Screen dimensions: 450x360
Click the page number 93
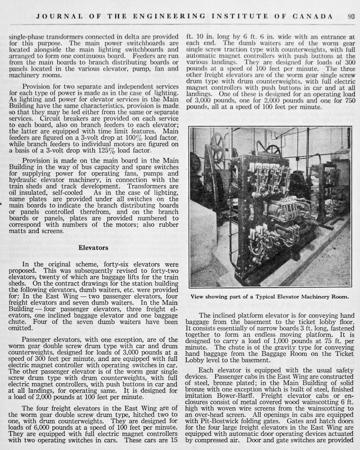pyautogui.click(x=351, y=16)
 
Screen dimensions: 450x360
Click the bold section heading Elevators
pyautogui.click(x=93, y=248)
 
